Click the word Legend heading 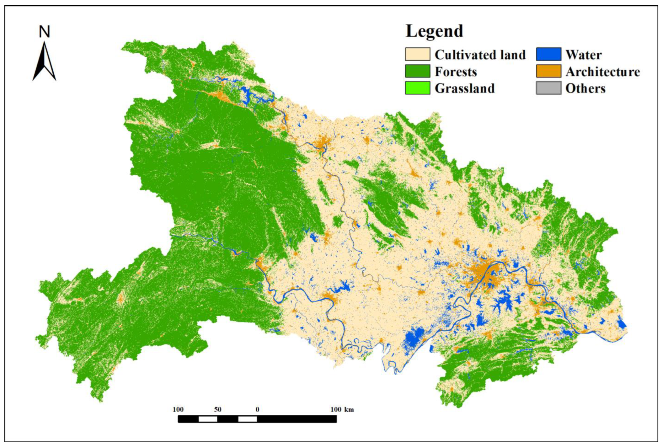[434, 31]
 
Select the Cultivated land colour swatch [417, 54]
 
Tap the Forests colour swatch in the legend [417, 71]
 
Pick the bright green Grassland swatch [417, 88]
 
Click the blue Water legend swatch [548, 54]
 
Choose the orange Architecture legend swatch [548, 71]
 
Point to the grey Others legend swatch [548, 88]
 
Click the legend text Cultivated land [480, 55]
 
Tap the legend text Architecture [602, 72]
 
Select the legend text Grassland [464, 88]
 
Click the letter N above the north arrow [44, 32]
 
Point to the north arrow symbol [44, 63]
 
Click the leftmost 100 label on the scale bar [178, 410]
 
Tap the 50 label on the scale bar [218, 410]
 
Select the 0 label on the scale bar [257, 410]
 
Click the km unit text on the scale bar [349, 410]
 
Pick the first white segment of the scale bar [208, 419]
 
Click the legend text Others [585, 88]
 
